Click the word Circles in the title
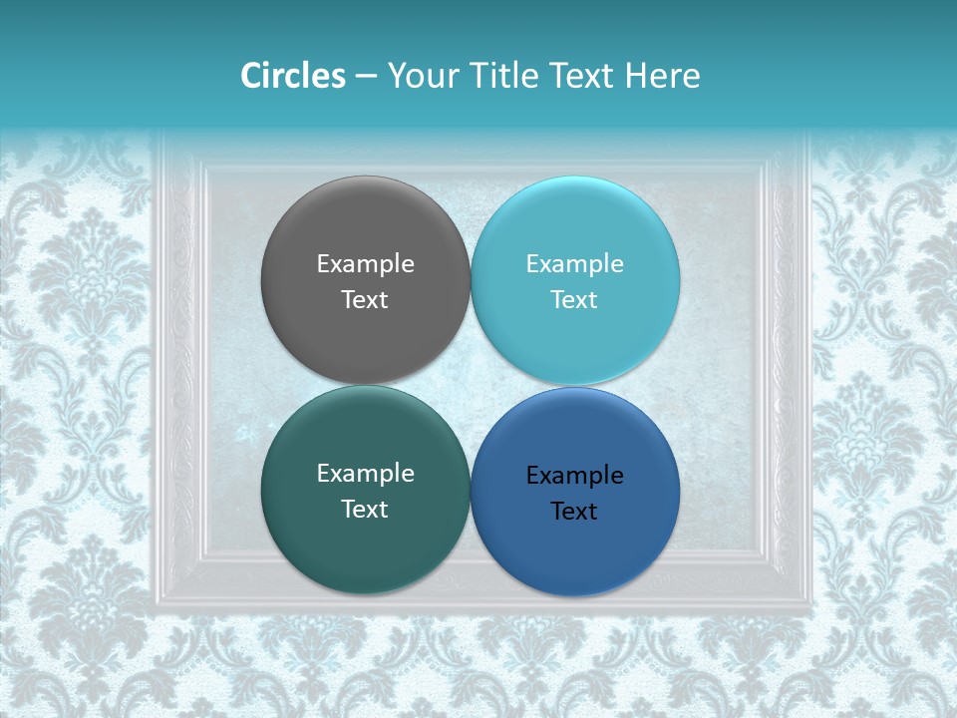292,76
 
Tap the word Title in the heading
505,76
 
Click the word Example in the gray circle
365,264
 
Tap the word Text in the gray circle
365,299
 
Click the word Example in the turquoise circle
575,264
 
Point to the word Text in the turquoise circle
575,299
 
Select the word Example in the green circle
365,474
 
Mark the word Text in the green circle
365,509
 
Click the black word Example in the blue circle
575,476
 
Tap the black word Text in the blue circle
575,511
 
